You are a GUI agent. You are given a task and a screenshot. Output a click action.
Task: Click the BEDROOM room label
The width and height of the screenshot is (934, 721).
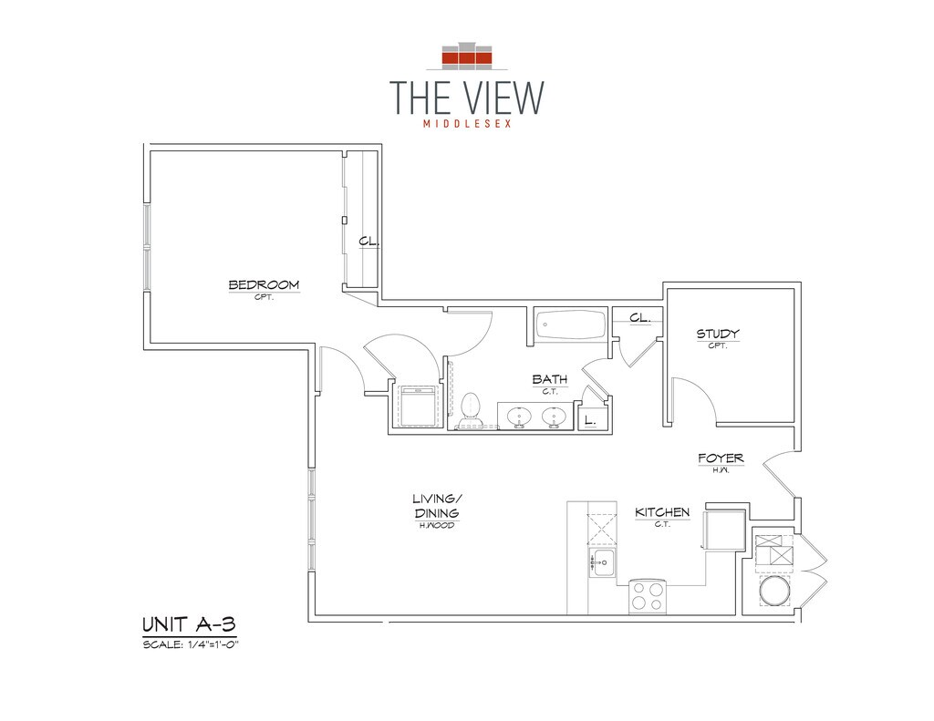264,285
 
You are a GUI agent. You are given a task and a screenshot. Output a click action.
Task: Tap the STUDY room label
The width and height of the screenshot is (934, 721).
718,335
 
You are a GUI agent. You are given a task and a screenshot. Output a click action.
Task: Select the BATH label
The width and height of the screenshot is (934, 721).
550,379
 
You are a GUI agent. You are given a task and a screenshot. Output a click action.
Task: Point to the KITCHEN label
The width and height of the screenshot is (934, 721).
662,512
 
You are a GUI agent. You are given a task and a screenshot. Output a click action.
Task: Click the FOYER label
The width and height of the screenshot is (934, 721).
721,458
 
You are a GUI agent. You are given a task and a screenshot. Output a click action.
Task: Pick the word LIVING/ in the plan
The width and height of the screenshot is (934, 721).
437,499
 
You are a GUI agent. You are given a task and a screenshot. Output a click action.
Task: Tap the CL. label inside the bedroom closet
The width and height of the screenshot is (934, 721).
368,242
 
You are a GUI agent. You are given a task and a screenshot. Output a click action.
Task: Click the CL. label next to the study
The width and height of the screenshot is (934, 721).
639,318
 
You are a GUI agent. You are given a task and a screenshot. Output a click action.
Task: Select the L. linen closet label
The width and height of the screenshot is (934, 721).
590,421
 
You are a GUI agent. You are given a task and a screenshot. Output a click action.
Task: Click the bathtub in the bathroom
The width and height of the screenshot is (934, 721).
571,324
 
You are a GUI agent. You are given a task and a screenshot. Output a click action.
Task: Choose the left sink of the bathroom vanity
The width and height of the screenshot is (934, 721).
520,417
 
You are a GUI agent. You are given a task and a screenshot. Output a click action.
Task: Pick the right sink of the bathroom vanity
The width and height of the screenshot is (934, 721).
555,417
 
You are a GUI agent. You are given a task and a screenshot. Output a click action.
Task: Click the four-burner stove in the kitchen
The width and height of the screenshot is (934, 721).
648,596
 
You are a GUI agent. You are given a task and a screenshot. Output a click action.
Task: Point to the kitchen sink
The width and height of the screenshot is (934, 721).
602,562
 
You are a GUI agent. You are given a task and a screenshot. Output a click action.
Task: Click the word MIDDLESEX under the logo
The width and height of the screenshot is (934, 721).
466,123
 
